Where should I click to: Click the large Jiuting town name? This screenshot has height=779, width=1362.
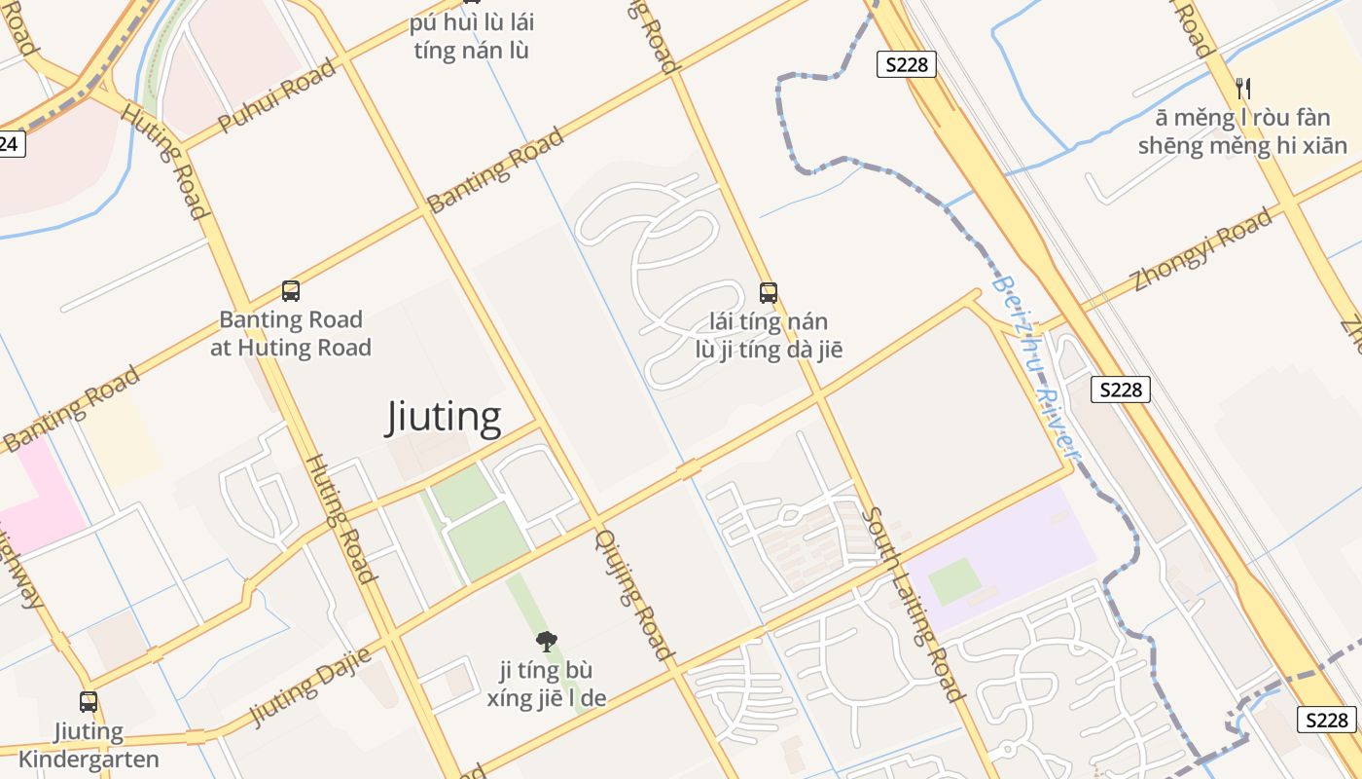pos(445,417)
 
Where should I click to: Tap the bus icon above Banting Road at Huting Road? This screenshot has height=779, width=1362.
pos(290,290)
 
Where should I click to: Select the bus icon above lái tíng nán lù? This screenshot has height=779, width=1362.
pos(768,292)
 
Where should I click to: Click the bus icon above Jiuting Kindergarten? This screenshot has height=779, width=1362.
pos(89,701)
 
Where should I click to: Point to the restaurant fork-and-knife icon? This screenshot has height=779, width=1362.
pos(1242,89)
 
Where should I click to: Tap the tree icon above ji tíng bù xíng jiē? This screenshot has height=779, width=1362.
pos(547,641)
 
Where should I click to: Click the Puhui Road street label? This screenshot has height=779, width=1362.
pos(276,95)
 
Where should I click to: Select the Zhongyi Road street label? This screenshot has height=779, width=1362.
pos(1202,249)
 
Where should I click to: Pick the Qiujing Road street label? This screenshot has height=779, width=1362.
pos(634,595)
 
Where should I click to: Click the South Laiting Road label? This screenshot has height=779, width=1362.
pos(913,605)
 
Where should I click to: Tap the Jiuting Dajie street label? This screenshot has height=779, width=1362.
pos(310,686)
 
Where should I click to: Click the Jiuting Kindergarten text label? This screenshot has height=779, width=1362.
pos(88,745)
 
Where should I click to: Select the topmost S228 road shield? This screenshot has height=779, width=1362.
pos(906,65)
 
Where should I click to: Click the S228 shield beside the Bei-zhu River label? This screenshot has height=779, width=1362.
pos(1120,389)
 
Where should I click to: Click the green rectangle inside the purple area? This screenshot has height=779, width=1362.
pos(954,581)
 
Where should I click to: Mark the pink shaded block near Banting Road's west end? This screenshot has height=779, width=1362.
pos(34,497)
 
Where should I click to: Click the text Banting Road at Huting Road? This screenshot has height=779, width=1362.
pos(291,333)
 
